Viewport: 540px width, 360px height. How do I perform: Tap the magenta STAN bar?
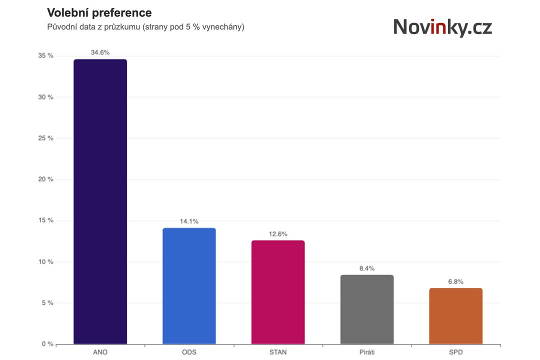[x=278, y=292]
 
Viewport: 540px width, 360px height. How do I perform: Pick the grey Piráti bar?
[x=367, y=309]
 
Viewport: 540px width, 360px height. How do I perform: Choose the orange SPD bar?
[x=455, y=316]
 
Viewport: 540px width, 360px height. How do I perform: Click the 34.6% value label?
[x=100, y=52]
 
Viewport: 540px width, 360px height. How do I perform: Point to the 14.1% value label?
[x=189, y=221]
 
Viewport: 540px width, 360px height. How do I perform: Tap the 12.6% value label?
[x=278, y=234]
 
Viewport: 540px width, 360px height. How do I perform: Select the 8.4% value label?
[x=367, y=268]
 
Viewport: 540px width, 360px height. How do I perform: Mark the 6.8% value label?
[x=455, y=281]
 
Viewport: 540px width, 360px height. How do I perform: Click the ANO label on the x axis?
[x=100, y=352]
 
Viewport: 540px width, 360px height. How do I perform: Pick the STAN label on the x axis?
[x=278, y=352]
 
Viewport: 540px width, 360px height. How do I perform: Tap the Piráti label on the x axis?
[x=367, y=352]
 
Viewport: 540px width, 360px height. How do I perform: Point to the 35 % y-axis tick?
[x=45, y=55]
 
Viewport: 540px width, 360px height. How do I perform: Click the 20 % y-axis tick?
[x=45, y=179]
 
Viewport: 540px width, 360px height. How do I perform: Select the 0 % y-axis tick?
[x=47, y=344]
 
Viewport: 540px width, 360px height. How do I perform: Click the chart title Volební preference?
[x=99, y=12]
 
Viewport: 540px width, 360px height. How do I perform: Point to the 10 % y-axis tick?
[x=45, y=262]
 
